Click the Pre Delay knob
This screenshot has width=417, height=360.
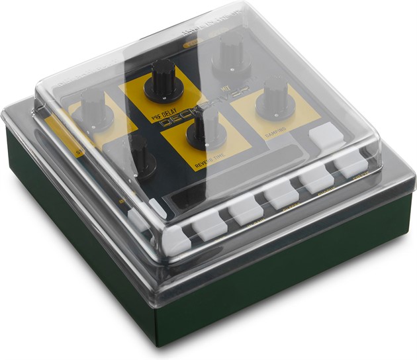(x=163, y=77)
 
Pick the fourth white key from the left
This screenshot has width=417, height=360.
(x=281, y=195)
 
